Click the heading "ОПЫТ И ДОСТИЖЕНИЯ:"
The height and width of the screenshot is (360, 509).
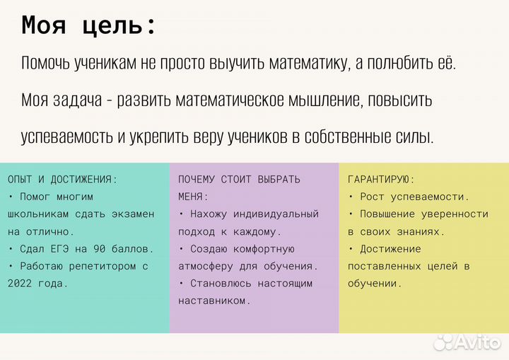tap(63, 180)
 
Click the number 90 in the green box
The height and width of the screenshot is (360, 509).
tap(94, 249)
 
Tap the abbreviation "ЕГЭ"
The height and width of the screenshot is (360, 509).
tap(60, 249)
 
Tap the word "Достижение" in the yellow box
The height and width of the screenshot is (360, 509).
tap(390, 249)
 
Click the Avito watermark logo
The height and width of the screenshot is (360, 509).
tap(467, 342)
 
